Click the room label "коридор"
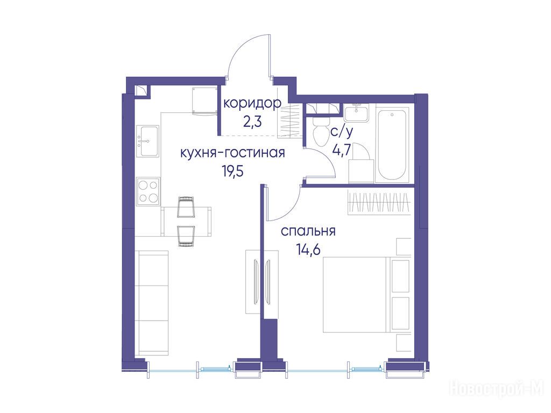coord(252,103)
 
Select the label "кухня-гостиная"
coord(232,153)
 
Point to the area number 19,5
coord(232,172)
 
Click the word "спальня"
coord(308,231)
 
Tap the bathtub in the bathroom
coord(392,144)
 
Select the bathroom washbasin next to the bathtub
coord(356,113)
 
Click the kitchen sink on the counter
coord(148,141)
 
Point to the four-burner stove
coord(148,191)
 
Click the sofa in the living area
coord(152,303)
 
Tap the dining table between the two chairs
coord(186,222)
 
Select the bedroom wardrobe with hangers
coord(379,203)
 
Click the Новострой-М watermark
coord(496,389)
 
